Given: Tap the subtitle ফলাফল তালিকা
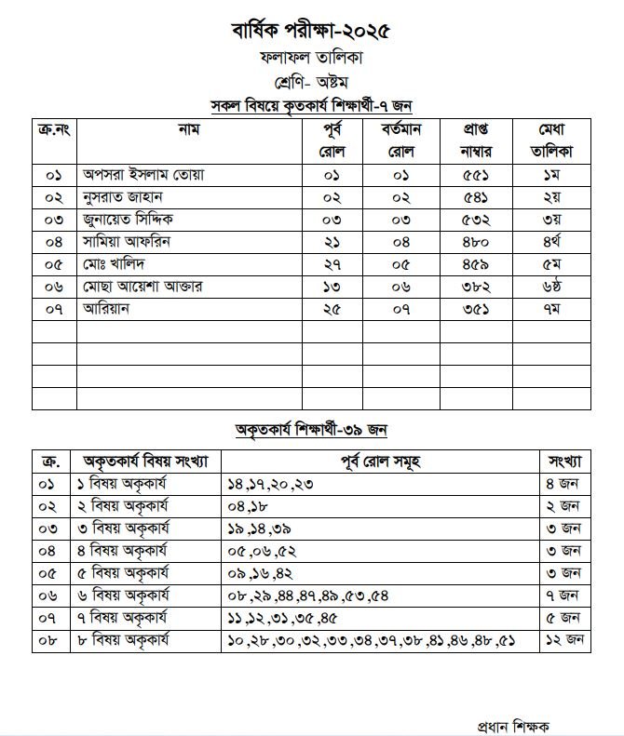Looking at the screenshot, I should coord(311,58).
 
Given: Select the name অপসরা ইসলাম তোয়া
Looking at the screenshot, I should coord(143,175).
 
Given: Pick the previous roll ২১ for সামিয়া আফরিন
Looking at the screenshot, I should coord(332,242).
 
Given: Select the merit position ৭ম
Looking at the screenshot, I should coord(550,309).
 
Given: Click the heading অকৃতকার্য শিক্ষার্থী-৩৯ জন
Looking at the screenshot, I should coord(311,430).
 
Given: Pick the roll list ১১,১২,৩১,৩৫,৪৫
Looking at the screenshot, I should coord(281,618).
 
